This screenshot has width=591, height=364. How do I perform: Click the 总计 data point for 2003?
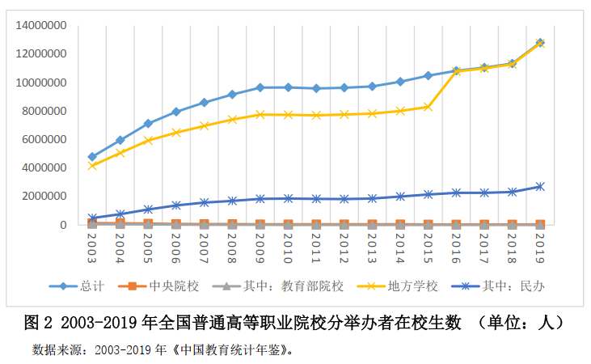coord(92,157)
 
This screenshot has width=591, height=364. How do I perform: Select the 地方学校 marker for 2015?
coord(428,107)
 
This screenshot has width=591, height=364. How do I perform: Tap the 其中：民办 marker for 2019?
coord(540,186)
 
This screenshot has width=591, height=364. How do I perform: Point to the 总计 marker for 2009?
coord(260,87)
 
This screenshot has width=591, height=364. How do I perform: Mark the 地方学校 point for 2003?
coord(92,166)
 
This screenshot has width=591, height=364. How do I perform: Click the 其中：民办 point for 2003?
coord(92,218)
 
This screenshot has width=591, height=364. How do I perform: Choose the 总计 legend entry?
coord(90,286)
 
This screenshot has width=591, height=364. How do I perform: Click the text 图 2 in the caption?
coord(38,323)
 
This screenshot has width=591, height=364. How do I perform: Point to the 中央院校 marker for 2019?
coord(540,224)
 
